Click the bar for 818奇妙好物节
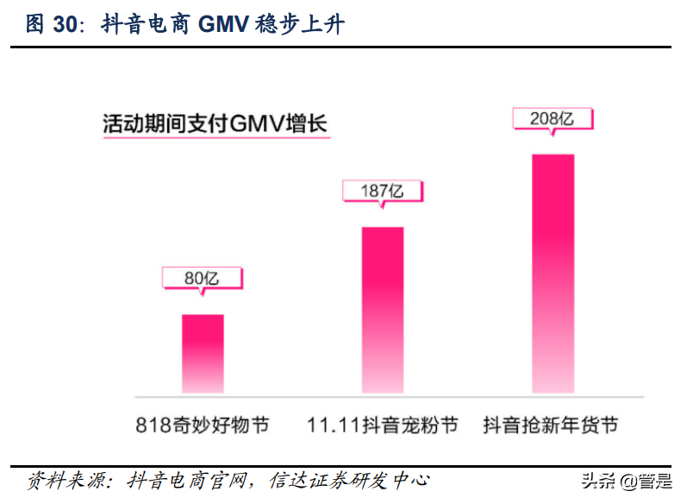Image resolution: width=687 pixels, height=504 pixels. pyautogui.click(x=203, y=354)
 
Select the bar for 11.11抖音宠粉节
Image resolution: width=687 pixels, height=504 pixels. pyautogui.click(x=382, y=311)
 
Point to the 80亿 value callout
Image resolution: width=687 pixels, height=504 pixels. pyautogui.click(x=203, y=278)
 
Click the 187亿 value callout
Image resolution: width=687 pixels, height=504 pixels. pyautogui.click(x=382, y=191)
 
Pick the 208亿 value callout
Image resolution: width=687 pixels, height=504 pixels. pyautogui.click(x=553, y=118)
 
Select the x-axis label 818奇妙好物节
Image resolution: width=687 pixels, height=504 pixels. pyautogui.click(x=202, y=425)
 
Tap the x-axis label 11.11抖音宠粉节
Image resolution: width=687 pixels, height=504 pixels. pyautogui.click(x=382, y=425)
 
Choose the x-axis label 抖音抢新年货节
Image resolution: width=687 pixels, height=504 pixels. pyautogui.click(x=552, y=425)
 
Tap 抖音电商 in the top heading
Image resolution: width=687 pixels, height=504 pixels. pyautogui.click(x=147, y=25)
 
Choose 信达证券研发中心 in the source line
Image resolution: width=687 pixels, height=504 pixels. pyautogui.click(x=349, y=481)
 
